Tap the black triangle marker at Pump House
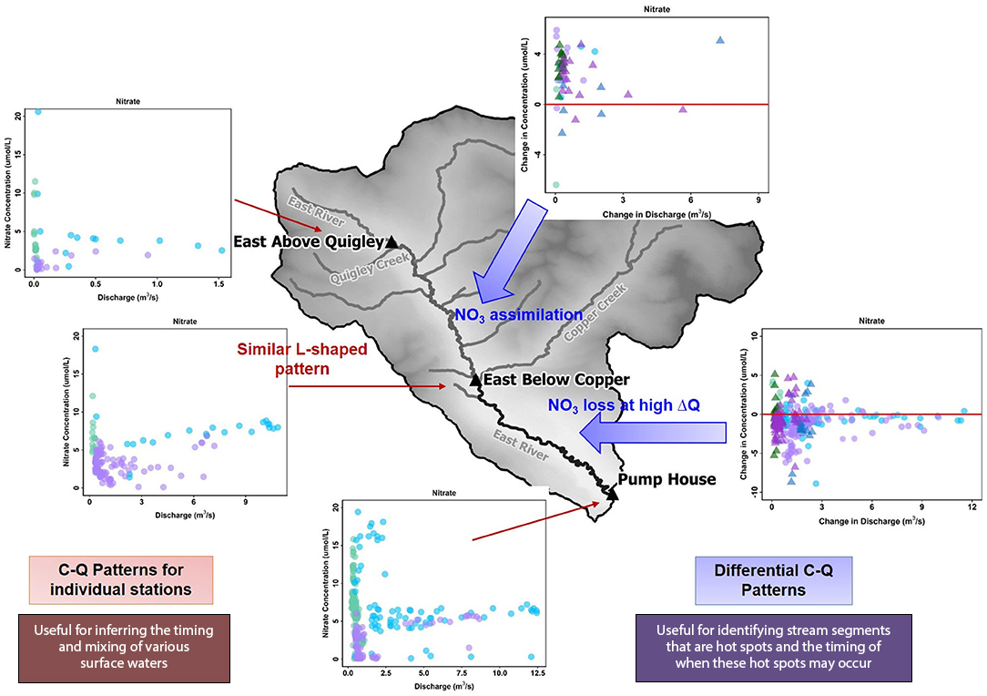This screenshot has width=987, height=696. [612, 494]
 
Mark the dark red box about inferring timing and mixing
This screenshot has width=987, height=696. [125, 648]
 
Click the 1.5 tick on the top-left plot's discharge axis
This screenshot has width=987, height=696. [219, 284]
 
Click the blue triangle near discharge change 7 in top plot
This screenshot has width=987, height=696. [720, 40]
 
